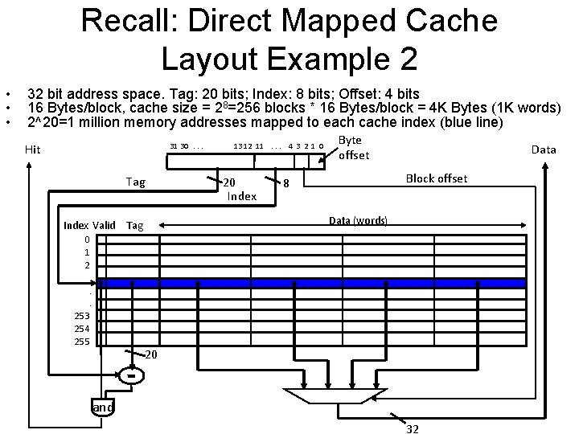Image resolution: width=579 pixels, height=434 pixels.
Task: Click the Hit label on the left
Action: [33, 149]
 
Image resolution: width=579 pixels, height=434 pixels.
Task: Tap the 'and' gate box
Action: [103, 407]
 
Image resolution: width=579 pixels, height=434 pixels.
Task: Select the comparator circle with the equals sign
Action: [131, 375]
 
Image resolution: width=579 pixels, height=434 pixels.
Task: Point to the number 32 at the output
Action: [413, 428]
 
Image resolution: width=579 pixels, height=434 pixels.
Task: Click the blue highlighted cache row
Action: [314, 283]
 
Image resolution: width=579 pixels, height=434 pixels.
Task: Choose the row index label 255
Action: [82, 342]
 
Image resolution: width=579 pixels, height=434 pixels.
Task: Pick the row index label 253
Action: [82, 316]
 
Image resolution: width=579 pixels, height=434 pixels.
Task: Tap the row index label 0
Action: [87, 240]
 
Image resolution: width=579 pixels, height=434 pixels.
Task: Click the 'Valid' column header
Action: [105, 225]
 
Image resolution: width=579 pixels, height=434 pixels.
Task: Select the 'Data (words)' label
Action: [359, 220]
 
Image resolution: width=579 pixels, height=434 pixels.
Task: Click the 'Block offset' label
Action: [437, 178]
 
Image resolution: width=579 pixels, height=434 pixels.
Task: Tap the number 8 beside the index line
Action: [286, 183]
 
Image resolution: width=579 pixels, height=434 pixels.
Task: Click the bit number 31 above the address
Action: [174, 145]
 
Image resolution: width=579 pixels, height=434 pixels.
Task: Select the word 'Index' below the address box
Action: [242, 196]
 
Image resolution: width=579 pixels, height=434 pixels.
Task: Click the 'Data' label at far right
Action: [544, 149]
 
